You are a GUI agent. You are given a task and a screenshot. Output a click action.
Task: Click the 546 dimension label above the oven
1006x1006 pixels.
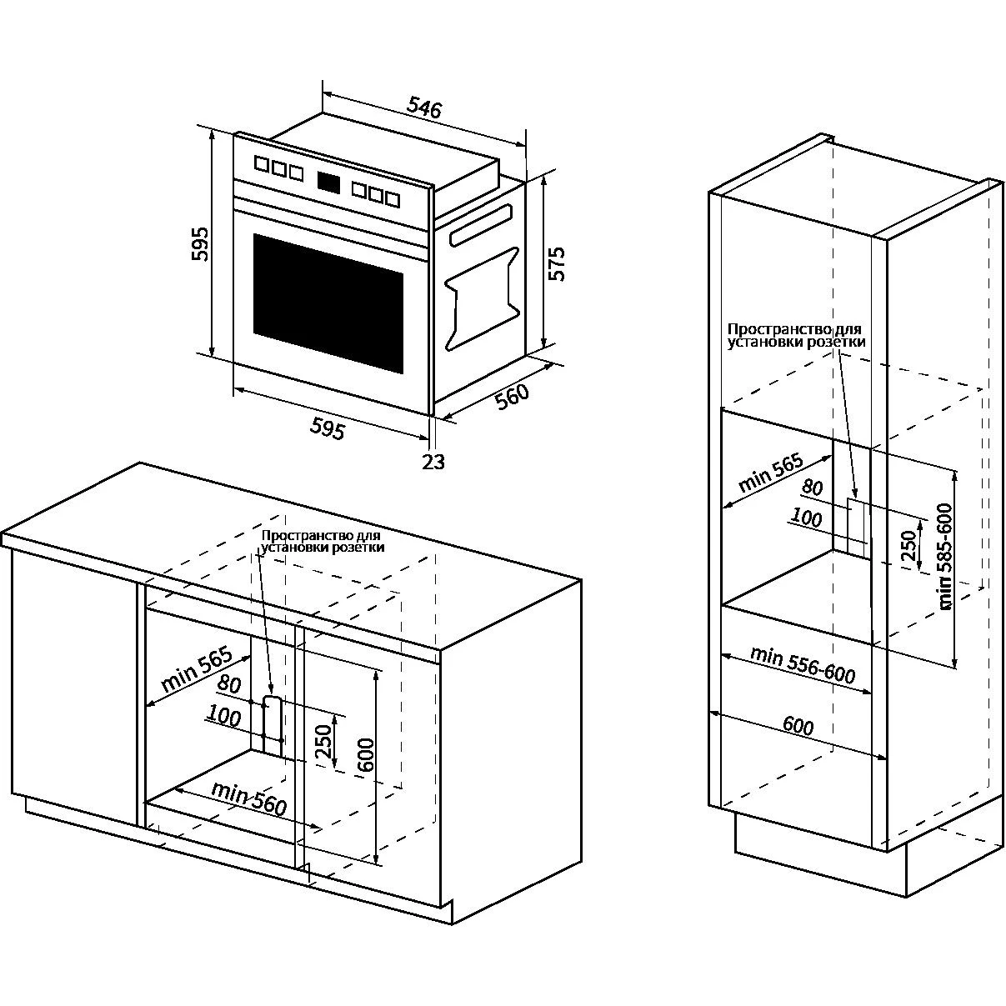pyautogui.click(x=424, y=107)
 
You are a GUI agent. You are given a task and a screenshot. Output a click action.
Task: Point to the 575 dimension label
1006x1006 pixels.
pyautogui.click(x=556, y=263)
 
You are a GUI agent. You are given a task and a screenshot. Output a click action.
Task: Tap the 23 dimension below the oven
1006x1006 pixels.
pyautogui.click(x=433, y=461)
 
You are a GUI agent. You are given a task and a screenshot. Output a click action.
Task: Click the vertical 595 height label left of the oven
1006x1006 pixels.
pyautogui.click(x=201, y=243)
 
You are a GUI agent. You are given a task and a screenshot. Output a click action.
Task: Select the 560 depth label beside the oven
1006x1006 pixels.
pyautogui.click(x=513, y=397)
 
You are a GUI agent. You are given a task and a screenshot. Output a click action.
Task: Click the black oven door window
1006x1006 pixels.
pyautogui.click(x=328, y=303)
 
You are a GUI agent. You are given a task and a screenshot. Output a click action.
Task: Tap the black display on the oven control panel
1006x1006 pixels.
pyautogui.click(x=329, y=181)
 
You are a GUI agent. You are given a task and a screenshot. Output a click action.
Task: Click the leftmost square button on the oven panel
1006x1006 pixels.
pyautogui.click(x=261, y=165)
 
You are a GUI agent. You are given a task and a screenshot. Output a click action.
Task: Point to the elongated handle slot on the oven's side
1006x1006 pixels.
pyautogui.click(x=480, y=226)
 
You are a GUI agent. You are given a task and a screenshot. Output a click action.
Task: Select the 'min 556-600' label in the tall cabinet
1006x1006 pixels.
pyautogui.click(x=803, y=665)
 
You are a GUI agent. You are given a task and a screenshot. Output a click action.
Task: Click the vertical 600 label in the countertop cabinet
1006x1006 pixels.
pyautogui.click(x=363, y=754)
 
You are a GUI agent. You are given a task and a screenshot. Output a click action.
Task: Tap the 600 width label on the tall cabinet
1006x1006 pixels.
pyautogui.click(x=798, y=726)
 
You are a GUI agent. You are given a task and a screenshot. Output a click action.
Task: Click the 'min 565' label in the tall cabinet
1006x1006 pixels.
pyautogui.click(x=771, y=473)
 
